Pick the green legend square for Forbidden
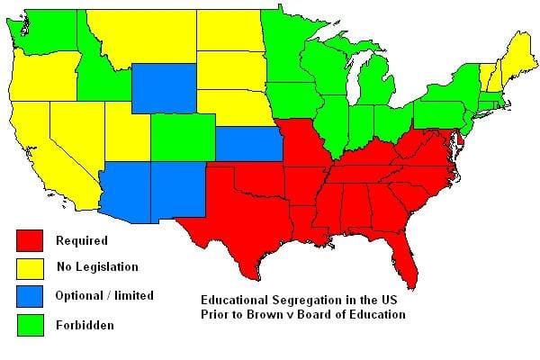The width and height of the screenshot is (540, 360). point(31,324)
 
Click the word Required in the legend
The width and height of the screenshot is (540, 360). point(81,241)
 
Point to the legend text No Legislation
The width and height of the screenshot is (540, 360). point(96,267)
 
